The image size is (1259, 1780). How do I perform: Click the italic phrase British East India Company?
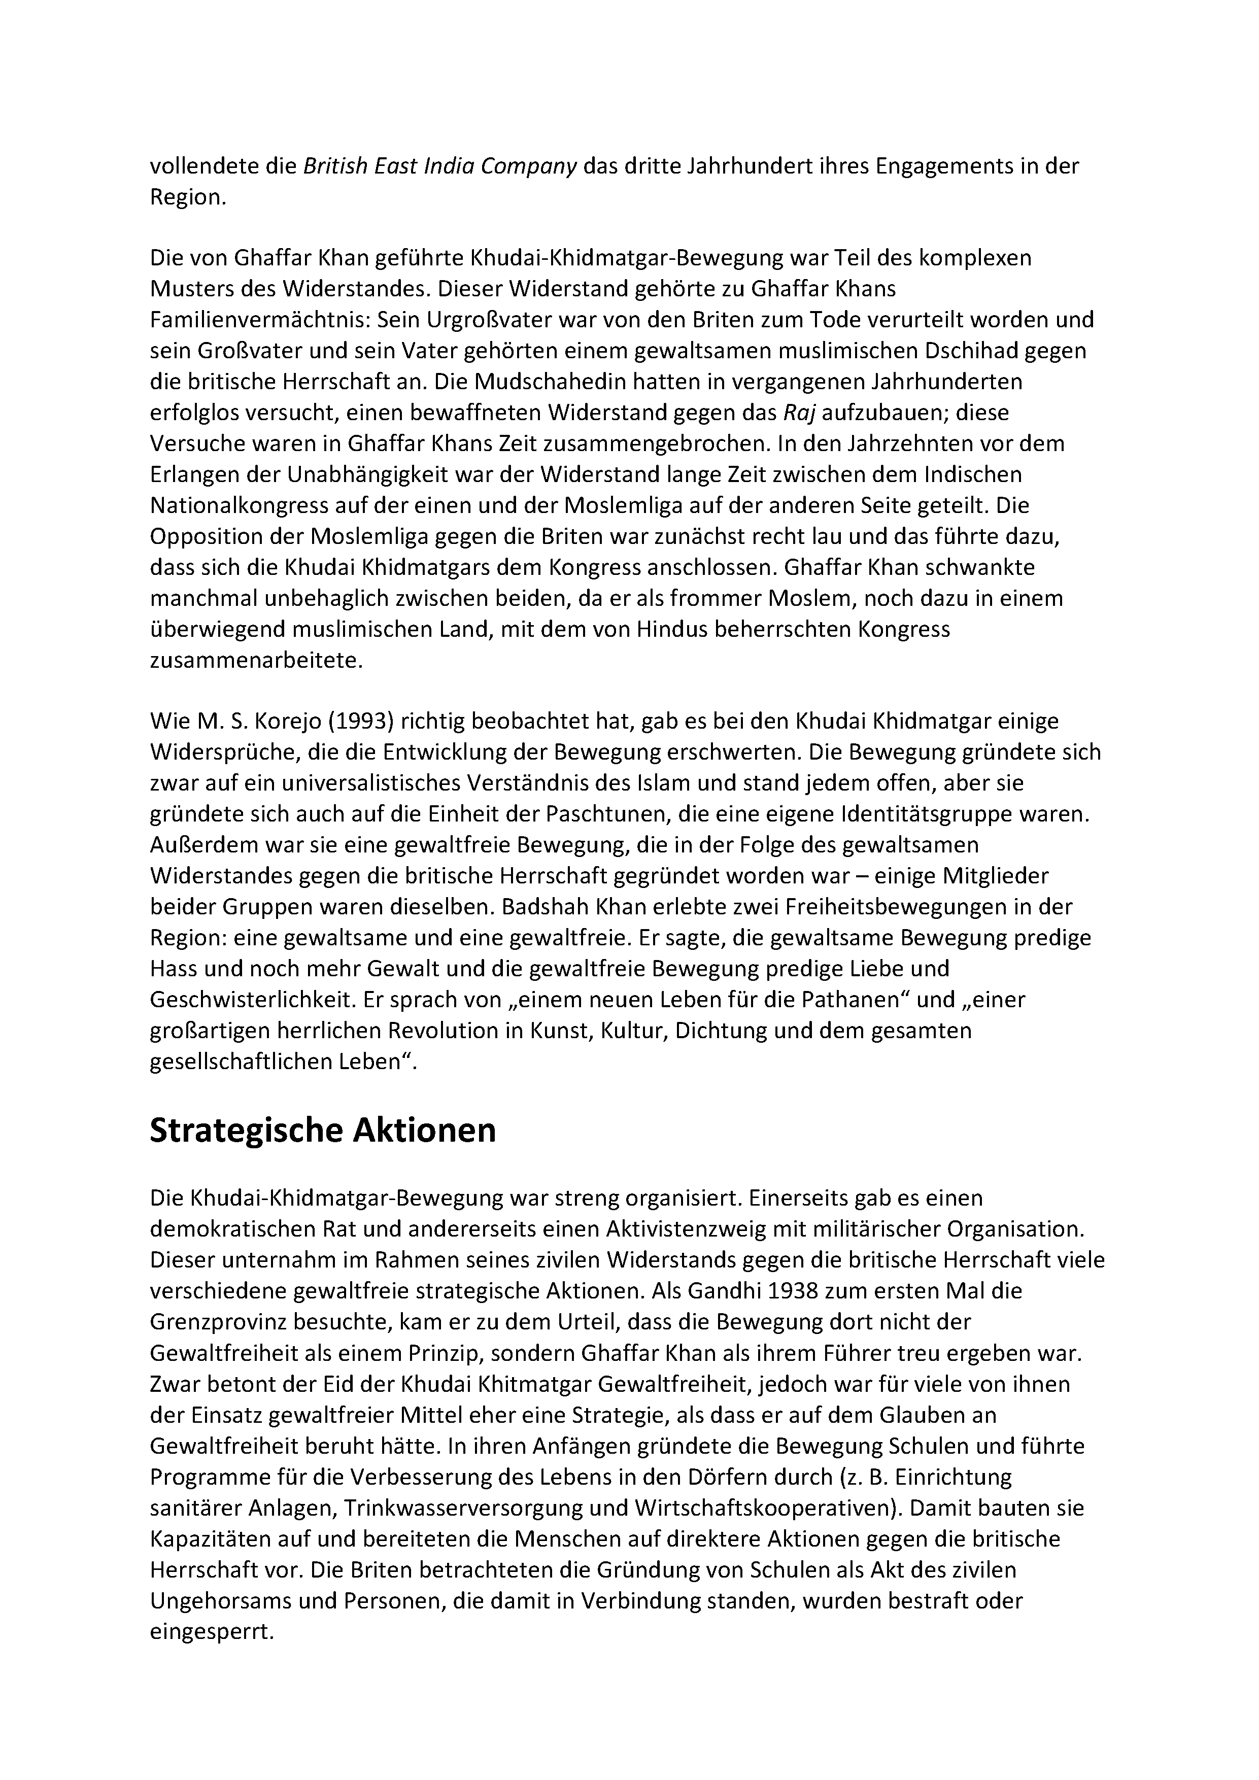pos(439,166)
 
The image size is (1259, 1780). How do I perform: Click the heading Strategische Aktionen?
pos(323,1131)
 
